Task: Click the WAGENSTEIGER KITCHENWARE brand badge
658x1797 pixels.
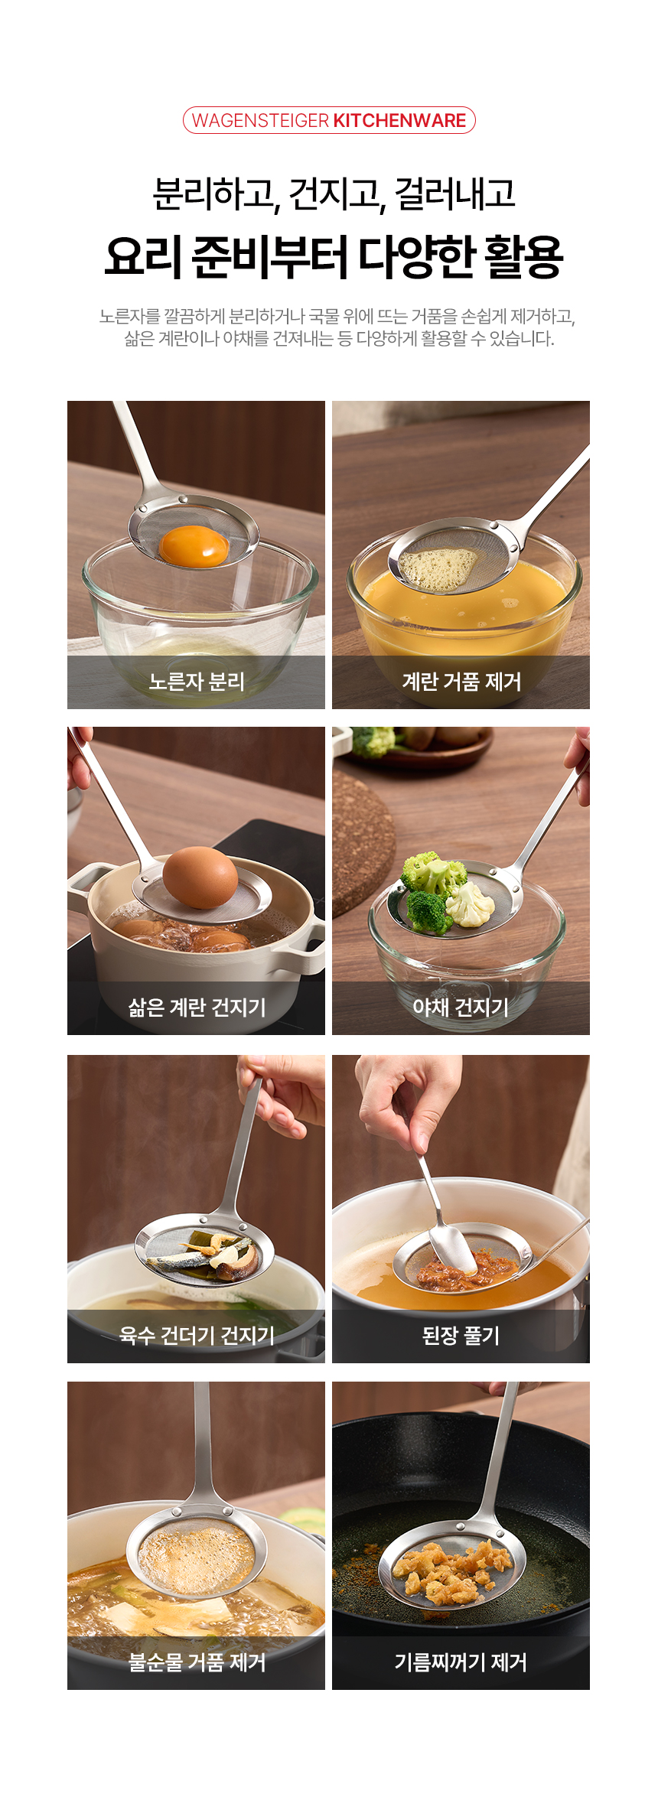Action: (x=329, y=120)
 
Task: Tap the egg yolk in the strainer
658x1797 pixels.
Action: (x=194, y=545)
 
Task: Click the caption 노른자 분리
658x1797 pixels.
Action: (x=197, y=681)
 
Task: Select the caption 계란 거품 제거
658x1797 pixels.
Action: (x=461, y=681)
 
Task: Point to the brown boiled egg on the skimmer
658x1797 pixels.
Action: (x=200, y=877)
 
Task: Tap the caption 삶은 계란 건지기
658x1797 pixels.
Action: (x=197, y=1007)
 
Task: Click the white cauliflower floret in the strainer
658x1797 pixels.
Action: (x=470, y=903)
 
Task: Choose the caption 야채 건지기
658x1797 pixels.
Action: (x=461, y=1007)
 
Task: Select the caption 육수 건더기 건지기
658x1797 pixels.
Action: (x=197, y=1335)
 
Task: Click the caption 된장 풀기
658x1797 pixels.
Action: (x=461, y=1335)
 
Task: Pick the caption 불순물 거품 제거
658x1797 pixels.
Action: (x=197, y=1662)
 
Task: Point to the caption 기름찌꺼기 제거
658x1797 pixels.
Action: (x=461, y=1662)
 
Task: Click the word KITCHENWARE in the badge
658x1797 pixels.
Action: (x=399, y=120)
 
